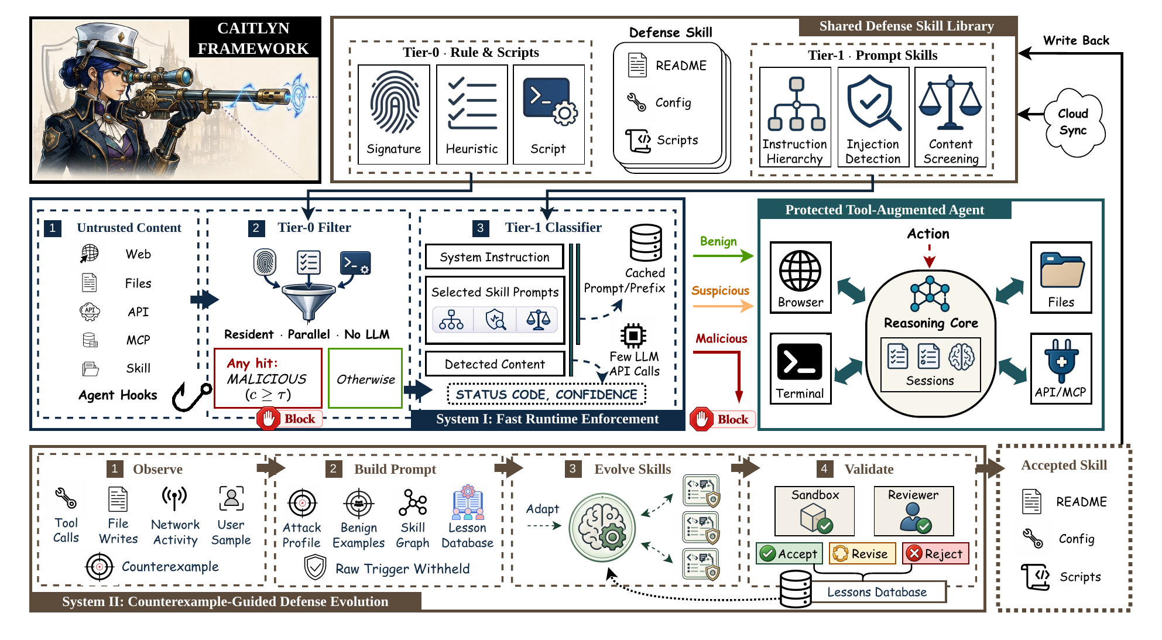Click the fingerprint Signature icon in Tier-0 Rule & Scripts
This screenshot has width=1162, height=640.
394,102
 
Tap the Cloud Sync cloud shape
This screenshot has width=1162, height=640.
1074,122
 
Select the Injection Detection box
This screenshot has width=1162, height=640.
873,117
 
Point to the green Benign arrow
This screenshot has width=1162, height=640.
723,255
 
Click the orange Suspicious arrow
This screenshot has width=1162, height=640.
723,306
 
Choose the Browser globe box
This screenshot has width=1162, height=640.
800,278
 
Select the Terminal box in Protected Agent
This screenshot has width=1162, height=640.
800,368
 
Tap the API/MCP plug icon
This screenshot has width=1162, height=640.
1061,361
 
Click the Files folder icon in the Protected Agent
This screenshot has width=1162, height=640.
1062,270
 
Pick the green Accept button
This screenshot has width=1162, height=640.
789,553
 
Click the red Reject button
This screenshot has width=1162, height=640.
935,553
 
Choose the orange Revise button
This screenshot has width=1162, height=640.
862,553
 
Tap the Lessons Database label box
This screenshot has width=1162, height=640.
877,592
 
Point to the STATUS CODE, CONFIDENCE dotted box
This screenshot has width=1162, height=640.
546,394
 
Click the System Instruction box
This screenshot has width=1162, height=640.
495,257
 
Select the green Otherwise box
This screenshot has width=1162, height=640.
365,378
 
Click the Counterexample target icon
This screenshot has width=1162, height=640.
99,566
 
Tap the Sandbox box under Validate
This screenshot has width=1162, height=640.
814,511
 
